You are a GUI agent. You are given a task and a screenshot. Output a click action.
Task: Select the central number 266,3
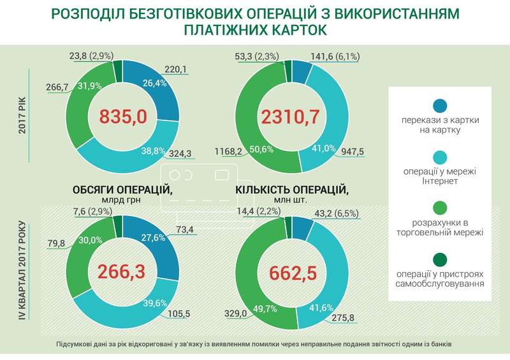(122, 271)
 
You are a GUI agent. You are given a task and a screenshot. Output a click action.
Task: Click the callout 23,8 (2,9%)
(85, 55)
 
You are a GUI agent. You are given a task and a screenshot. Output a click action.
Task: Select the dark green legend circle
(439, 259)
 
